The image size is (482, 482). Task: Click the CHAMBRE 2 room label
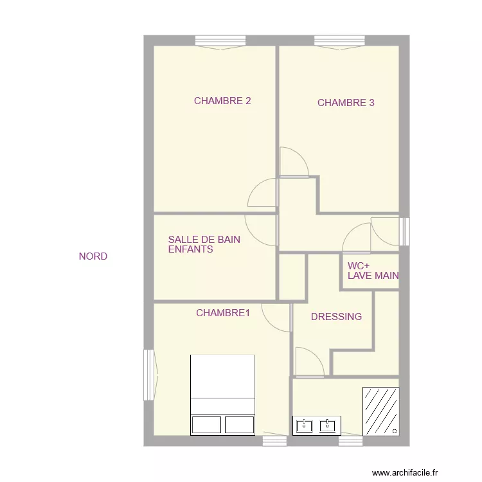click(222, 101)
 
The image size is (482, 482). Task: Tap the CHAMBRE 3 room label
click(346, 103)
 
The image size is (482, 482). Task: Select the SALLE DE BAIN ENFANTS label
click(204, 244)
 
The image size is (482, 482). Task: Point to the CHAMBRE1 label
click(223, 313)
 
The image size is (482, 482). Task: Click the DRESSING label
click(336, 317)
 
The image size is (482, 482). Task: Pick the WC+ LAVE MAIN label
click(373, 271)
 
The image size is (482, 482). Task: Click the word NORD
click(93, 256)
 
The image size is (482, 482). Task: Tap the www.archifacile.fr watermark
click(405, 473)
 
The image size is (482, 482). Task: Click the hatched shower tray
click(381, 411)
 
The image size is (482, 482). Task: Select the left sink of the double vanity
click(305, 426)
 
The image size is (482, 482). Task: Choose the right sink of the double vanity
click(328, 426)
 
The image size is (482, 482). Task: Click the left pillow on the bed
click(206, 425)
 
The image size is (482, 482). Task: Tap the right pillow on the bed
click(240, 425)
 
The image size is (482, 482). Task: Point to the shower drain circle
click(395, 431)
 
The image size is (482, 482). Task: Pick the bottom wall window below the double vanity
click(350, 440)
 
